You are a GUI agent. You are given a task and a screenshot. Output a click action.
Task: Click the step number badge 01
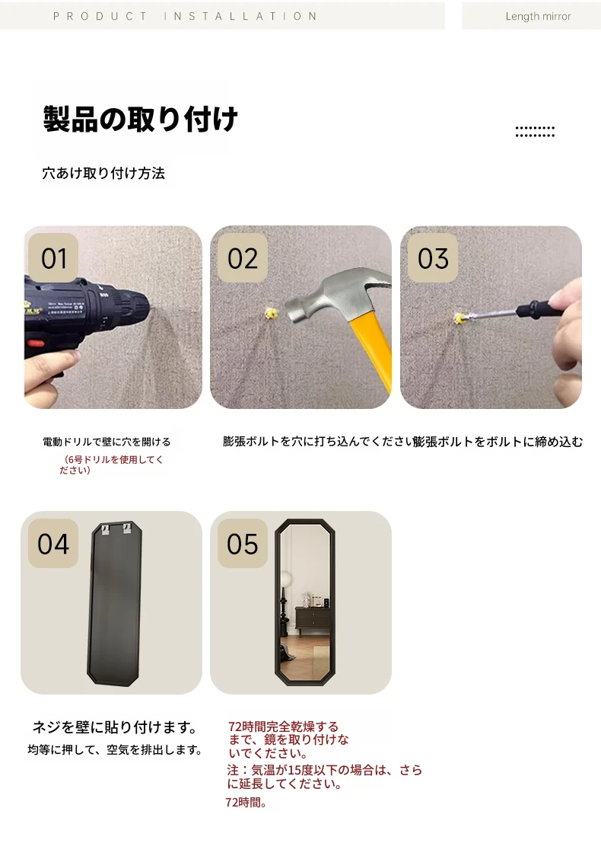53,257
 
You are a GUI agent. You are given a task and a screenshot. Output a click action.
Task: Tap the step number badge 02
243,257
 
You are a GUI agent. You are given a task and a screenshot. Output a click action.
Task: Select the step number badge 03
433,257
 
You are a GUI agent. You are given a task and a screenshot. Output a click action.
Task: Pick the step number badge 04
53,543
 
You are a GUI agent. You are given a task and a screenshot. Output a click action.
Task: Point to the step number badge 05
243,543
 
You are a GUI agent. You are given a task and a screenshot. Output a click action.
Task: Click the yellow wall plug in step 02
271,313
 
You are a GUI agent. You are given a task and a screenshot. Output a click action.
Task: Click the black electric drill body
82,317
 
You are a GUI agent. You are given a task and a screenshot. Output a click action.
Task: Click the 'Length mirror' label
538,17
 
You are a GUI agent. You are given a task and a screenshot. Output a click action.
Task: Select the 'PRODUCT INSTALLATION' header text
185,17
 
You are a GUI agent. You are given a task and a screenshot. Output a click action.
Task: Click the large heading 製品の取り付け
141,119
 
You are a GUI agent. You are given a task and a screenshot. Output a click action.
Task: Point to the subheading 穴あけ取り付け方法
103,173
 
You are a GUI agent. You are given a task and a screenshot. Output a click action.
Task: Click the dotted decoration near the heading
535,132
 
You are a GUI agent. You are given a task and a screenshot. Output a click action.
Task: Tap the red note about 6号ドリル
111,465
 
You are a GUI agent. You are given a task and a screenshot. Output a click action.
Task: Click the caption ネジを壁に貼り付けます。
115,727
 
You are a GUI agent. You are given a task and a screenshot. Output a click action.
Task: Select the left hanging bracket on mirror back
105,529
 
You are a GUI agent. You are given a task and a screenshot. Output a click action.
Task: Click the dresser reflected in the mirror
312,620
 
